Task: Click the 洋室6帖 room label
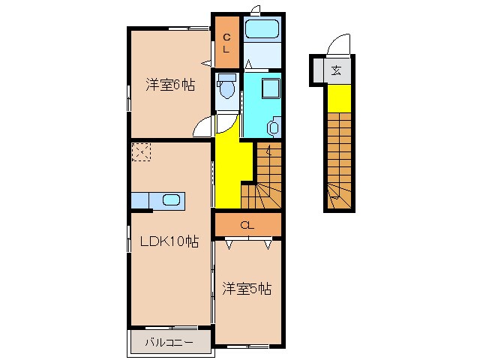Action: [170, 85]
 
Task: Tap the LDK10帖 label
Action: [169, 241]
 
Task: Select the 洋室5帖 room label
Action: [247, 288]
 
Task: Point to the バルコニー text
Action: [169, 342]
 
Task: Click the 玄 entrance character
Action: [336, 71]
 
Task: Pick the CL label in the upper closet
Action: [226, 43]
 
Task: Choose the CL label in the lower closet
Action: [247, 226]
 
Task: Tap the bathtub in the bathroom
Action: [262, 29]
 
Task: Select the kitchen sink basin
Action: [171, 200]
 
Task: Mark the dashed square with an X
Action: [141, 151]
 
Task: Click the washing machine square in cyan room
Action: [271, 88]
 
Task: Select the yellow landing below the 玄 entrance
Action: [339, 98]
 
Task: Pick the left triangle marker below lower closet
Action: [229, 244]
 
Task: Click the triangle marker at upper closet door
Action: [206, 63]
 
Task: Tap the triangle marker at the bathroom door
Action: [248, 64]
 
